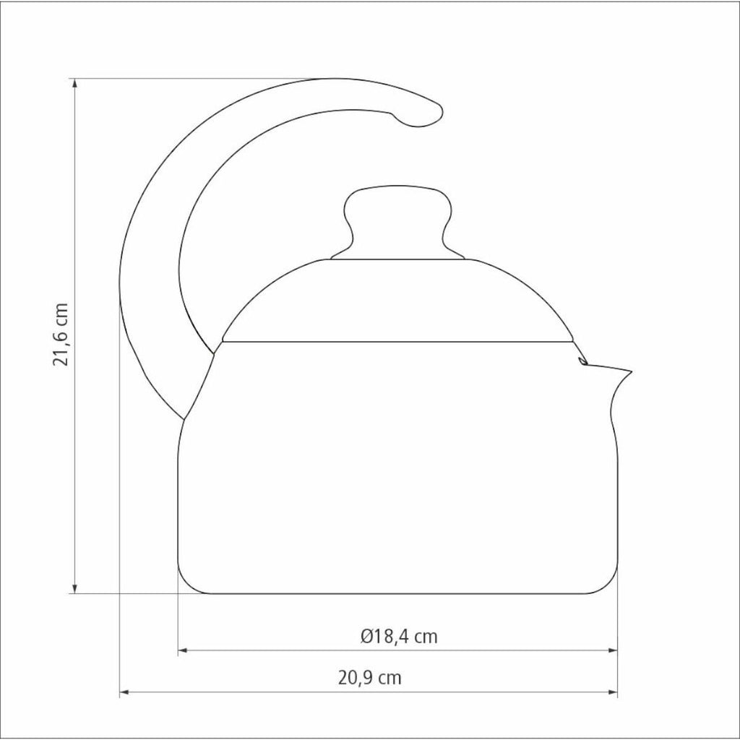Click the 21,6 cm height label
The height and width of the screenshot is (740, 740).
point(61,335)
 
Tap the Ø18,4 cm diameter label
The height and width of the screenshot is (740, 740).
point(399,637)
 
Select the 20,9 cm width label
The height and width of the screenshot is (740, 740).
point(369,678)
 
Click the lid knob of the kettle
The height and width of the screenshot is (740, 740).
point(398,222)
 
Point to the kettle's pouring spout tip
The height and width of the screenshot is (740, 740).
point(631,371)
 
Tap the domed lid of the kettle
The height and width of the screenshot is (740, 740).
point(398,300)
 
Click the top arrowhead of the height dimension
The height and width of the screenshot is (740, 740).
point(74,83)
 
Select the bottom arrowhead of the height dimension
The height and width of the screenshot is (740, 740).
point(74,588)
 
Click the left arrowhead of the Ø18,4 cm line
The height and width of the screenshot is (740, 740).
point(183,650)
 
